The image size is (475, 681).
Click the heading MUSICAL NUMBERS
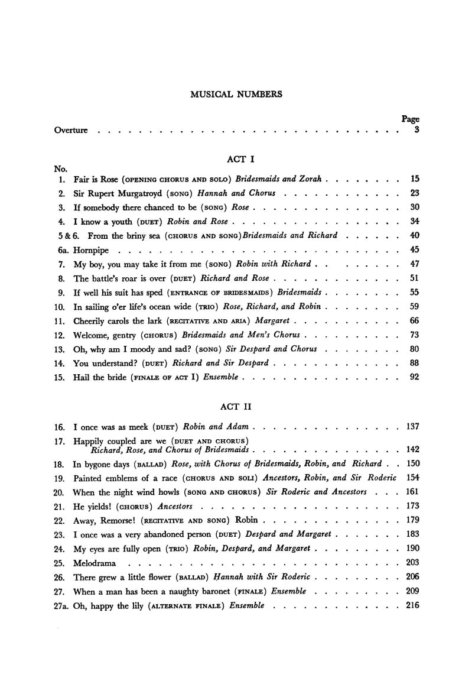(236, 94)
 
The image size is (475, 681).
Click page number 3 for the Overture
(417, 129)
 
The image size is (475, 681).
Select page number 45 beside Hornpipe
(414, 249)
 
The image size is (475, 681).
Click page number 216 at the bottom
(412, 606)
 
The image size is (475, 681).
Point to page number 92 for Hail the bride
(414, 377)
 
